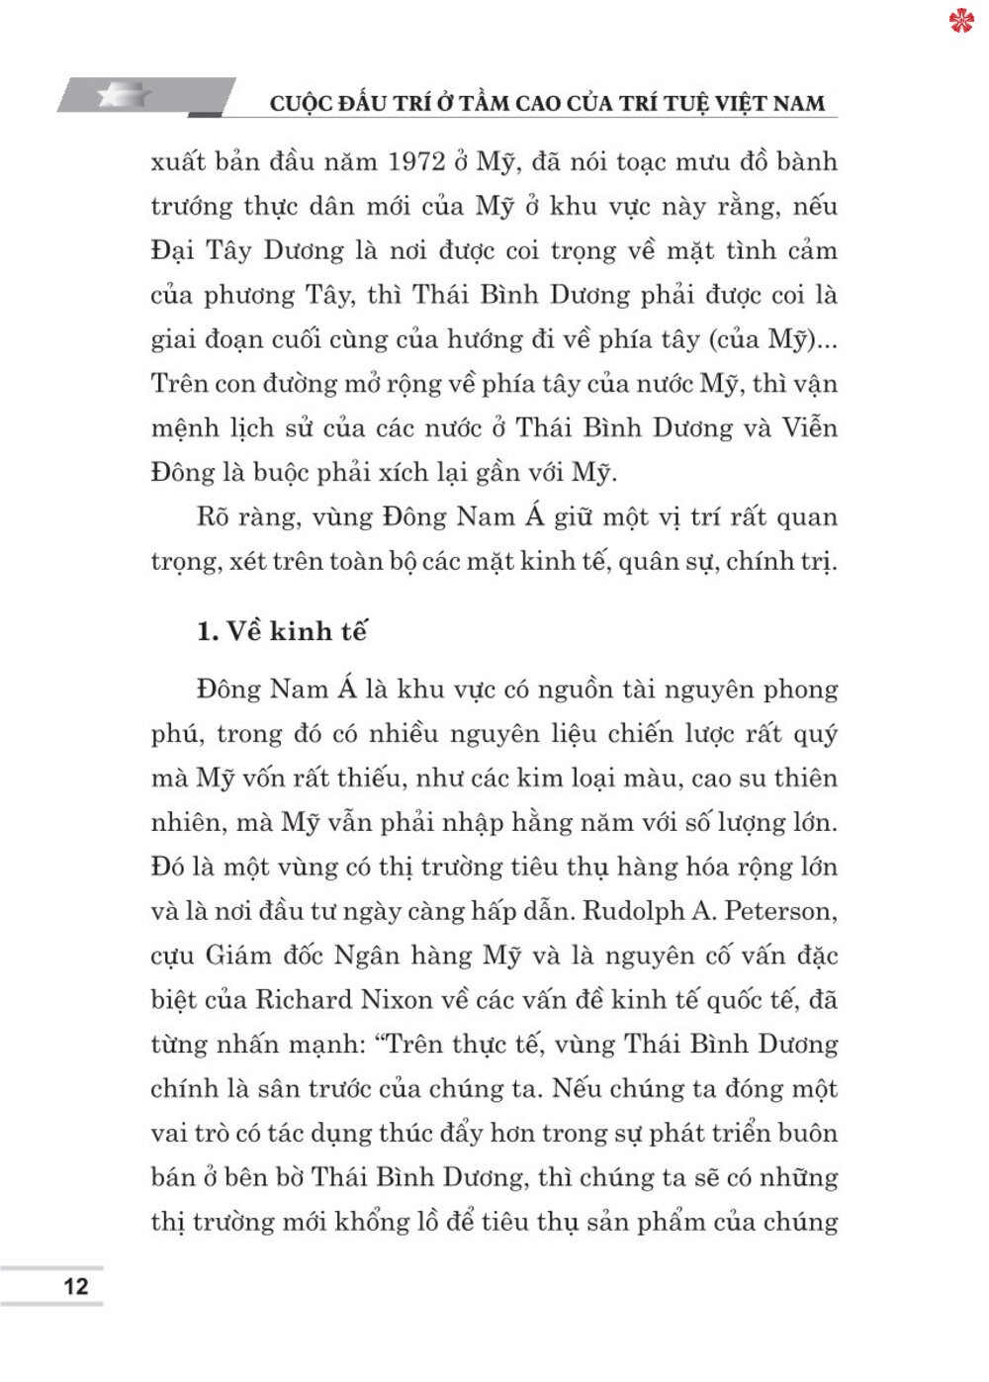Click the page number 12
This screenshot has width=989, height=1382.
75,1286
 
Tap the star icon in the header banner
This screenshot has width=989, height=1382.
125,95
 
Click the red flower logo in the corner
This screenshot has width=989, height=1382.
960,21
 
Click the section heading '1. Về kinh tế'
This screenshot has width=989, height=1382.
282,631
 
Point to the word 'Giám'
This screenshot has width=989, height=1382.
238,956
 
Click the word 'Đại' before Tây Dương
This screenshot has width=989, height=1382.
173,250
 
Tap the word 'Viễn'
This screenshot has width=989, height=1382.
809,428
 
